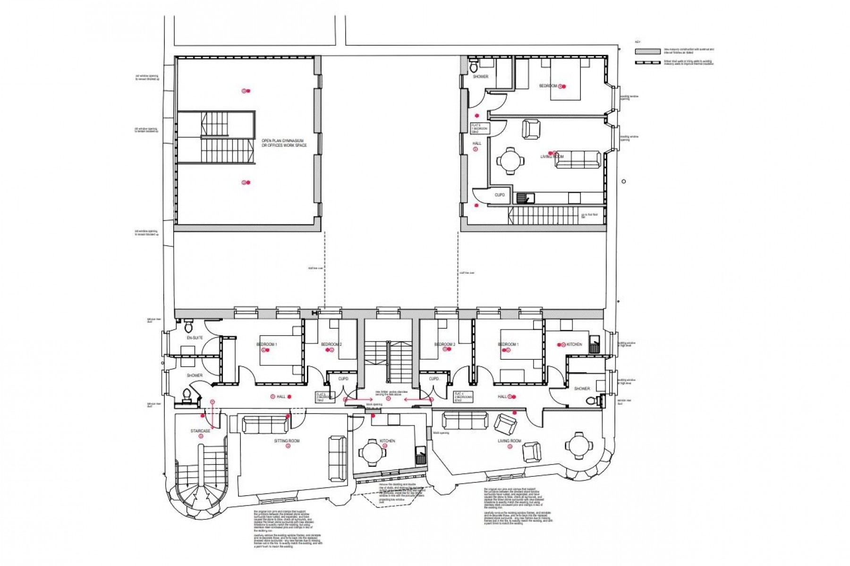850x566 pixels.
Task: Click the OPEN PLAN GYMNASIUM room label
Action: click(284, 143)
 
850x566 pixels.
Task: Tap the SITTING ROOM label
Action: click(287, 441)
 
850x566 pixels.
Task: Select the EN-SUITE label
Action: click(195, 338)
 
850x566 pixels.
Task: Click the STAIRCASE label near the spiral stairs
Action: click(200, 431)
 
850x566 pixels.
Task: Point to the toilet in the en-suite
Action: click(188, 325)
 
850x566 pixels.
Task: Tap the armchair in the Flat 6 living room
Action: click(531, 129)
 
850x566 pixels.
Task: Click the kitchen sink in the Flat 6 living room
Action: click(522, 198)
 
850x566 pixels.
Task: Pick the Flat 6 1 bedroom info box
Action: click(480, 128)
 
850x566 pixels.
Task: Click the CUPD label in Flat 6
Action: click(500, 195)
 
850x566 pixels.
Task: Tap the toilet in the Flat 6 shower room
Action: click(475, 65)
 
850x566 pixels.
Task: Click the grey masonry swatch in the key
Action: click(647, 51)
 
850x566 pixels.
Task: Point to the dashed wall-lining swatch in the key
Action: click(647, 62)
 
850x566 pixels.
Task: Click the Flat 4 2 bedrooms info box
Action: click(463, 397)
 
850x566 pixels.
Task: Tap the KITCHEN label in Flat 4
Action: click(574, 345)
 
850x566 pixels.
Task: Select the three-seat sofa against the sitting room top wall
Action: click(265, 424)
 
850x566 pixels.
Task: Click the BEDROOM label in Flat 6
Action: click(549, 86)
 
